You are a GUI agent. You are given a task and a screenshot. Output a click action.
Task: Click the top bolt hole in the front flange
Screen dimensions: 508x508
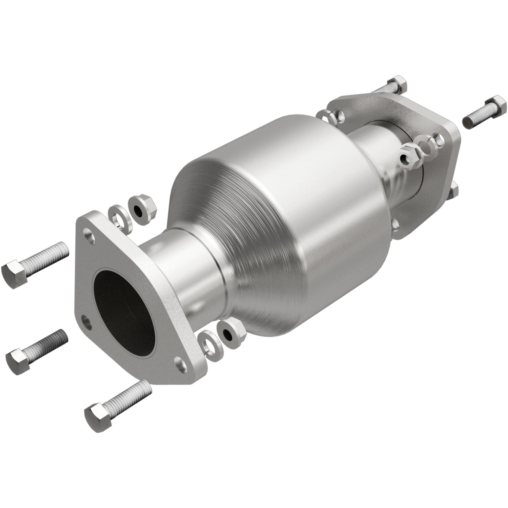[x=88, y=231]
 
